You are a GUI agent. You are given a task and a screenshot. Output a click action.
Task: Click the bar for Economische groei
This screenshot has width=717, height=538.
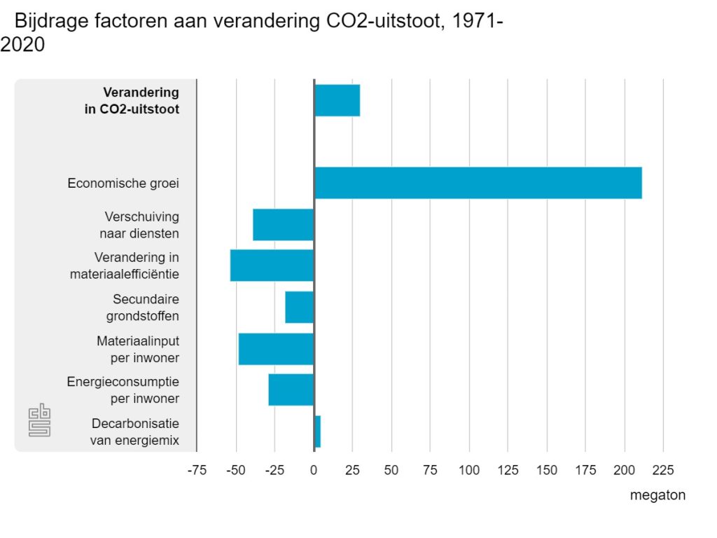pyautogui.click(x=478, y=183)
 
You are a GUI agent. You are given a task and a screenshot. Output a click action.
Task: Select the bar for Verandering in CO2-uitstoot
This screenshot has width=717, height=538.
pyautogui.click(x=337, y=100)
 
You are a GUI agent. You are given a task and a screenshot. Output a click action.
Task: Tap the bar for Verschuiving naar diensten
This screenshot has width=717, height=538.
pyautogui.click(x=283, y=224)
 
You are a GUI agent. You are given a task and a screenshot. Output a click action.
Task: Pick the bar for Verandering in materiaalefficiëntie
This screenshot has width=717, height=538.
pyautogui.click(x=272, y=265)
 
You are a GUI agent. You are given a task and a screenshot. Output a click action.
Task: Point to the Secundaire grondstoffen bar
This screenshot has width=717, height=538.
pyautogui.click(x=299, y=307)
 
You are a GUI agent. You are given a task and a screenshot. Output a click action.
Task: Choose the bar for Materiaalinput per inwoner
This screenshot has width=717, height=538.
pyautogui.click(x=276, y=349)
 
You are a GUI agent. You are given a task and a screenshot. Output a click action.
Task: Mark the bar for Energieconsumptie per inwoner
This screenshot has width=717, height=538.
pyautogui.click(x=291, y=389)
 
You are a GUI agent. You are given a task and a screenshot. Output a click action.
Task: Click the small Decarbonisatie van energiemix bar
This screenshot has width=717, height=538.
pyautogui.click(x=317, y=431)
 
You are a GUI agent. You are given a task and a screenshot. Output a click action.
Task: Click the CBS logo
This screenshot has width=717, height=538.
pyautogui.click(x=39, y=421)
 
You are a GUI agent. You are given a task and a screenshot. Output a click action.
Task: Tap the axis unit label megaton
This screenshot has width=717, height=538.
pyautogui.click(x=657, y=495)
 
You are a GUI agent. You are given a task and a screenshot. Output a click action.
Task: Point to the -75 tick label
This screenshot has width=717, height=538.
pyautogui.click(x=197, y=469)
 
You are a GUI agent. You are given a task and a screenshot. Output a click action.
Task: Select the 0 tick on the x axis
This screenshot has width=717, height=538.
pyautogui.click(x=314, y=469)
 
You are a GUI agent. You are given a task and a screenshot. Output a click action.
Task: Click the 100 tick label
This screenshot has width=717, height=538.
pyautogui.click(x=469, y=469)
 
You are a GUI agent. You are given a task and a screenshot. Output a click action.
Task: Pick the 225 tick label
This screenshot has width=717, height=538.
pyautogui.click(x=663, y=469)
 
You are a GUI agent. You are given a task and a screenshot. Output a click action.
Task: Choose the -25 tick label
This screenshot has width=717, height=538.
pyautogui.click(x=274, y=469)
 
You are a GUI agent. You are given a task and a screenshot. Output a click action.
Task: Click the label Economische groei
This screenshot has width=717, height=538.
pyautogui.click(x=123, y=184)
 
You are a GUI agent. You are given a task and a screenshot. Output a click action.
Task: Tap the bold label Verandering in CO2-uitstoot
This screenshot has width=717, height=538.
pyautogui.click(x=141, y=101)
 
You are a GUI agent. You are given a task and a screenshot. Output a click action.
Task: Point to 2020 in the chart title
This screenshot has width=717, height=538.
pyautogui.click(x=22, y=45)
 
